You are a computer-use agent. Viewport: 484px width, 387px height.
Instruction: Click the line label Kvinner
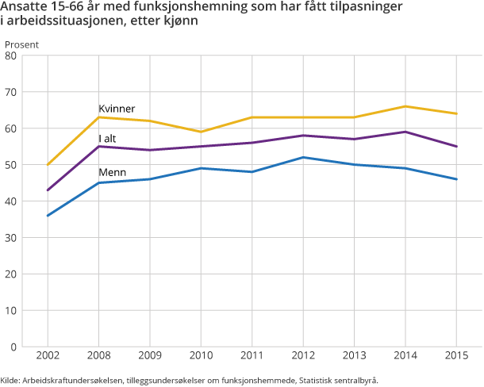[117, 109]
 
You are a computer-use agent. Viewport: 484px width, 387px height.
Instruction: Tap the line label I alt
[107, 139]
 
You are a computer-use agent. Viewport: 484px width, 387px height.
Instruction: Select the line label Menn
[111, 173]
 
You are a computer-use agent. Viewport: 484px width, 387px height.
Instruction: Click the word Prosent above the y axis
[22, 44]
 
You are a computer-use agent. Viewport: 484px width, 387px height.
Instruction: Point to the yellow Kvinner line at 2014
[405, 106]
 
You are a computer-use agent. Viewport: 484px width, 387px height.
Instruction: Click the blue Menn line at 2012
[303, 157]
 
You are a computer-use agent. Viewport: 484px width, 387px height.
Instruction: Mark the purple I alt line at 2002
[48, 190]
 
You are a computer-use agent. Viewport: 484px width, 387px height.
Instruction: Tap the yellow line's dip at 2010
[201, 132]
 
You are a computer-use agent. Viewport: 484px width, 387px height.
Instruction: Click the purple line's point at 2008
[98, 147]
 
